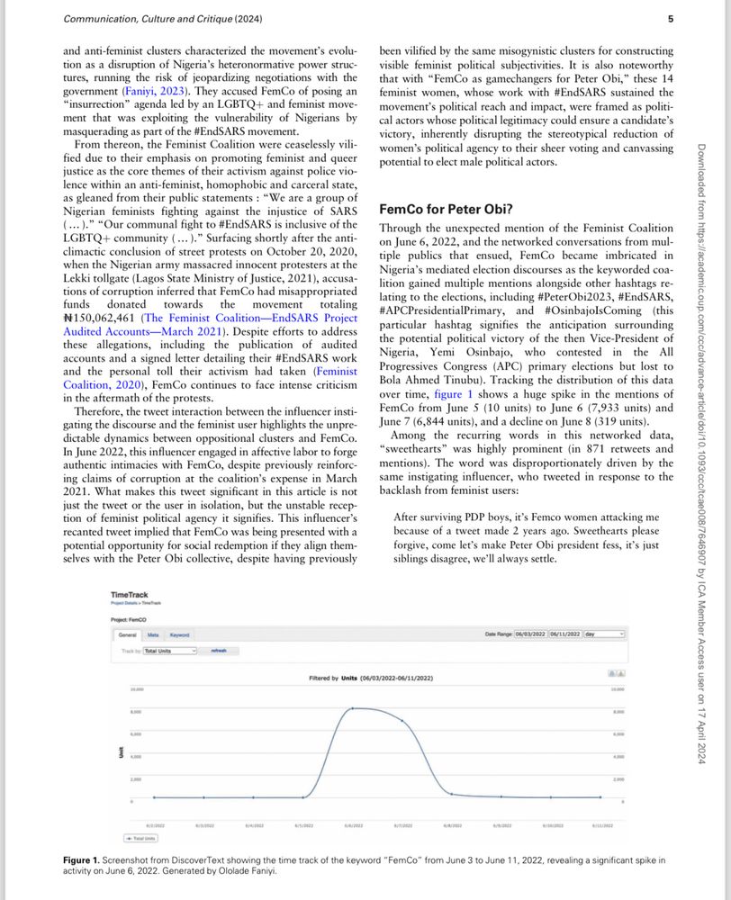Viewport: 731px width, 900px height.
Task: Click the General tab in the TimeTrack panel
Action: [128, 634]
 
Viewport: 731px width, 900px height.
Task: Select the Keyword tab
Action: [180, 634]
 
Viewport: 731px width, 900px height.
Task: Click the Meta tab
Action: [153, 634]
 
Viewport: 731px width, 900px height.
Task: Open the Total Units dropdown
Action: [170, 650]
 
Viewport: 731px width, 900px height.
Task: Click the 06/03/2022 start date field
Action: [529, 634]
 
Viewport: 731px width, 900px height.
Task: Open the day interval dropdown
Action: [603, 634]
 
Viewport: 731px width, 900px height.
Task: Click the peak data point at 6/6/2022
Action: [352, 708]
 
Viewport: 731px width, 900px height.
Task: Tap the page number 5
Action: [670, 18]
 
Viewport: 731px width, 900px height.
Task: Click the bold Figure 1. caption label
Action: [87, 860]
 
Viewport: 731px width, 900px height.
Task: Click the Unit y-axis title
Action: [121, 752]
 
